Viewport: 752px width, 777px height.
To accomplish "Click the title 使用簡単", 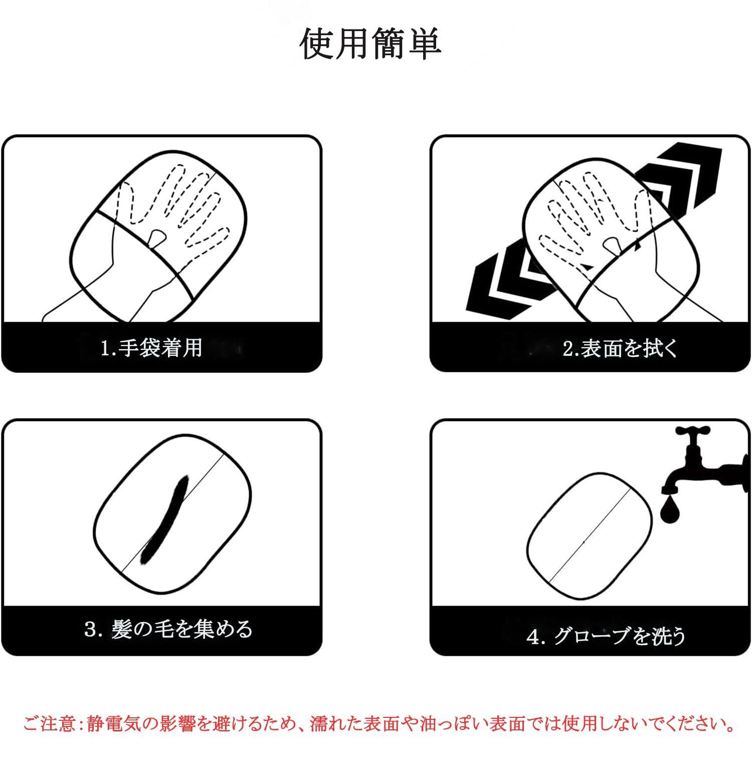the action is coord(370,44).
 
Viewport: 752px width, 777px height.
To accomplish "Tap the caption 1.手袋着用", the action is coord(151,348).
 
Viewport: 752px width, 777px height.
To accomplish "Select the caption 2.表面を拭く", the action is coord(620,348).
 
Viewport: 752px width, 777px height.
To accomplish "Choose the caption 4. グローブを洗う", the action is coord(606,636).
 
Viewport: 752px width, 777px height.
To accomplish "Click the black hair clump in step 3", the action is coord(164,519).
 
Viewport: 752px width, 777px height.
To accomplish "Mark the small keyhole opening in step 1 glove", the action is coord(157,237).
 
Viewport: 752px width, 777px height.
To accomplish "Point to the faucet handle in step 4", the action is coord(693,431).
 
